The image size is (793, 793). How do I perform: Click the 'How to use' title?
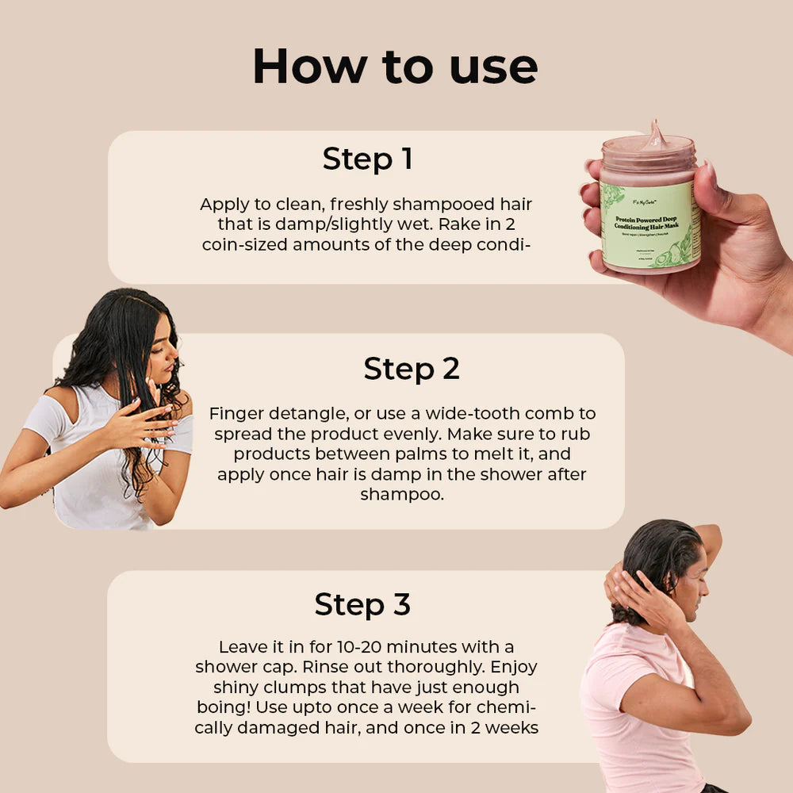pos(395,67)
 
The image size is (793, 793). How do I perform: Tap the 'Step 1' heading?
pos(367,159)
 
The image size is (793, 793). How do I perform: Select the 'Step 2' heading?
pos(412,369)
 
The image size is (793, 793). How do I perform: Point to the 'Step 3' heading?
pos(362,604)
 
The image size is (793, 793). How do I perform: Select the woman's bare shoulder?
pos(63,404)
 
